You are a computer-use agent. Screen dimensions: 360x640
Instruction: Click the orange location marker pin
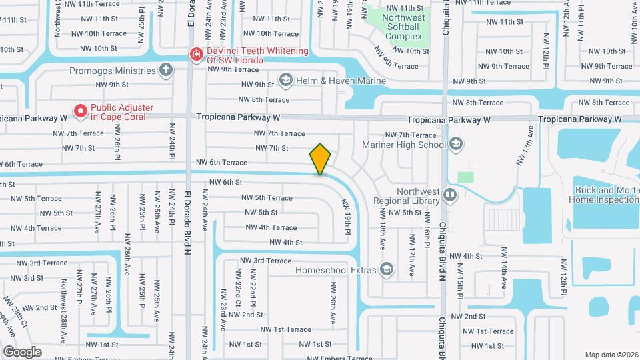click(320, 159)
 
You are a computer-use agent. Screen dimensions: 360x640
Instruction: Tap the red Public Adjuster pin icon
click(81, 111)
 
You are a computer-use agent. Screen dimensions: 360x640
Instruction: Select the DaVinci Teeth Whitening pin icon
click(196, 54)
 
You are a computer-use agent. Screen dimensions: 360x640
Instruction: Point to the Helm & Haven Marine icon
click(285, 81)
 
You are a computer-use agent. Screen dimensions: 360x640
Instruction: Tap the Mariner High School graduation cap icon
click(456, 144)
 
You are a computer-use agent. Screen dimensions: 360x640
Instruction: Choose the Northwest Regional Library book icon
click(450, 195)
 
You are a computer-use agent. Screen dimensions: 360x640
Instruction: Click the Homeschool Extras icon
click(387, 269)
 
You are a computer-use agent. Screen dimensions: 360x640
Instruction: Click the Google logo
click(22, 351)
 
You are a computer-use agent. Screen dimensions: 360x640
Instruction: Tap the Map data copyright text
click(611, 355)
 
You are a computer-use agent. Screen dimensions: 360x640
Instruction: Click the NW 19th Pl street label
click(347, 216)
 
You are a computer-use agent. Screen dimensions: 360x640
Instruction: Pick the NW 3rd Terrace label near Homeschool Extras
click(265, 261)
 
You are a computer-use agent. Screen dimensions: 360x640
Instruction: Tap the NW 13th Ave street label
click(524, 145)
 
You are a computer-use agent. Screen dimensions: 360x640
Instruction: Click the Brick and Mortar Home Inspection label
click(603, 194)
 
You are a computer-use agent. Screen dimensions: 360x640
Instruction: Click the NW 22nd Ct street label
click(237, 288)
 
